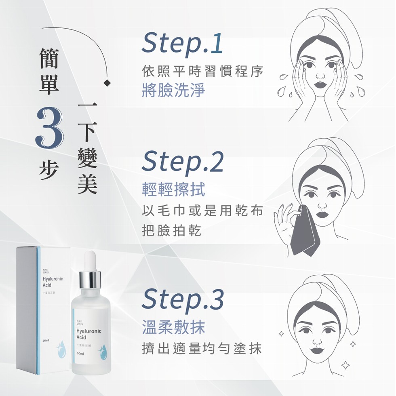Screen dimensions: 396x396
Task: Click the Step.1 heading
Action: [x=182, y=44]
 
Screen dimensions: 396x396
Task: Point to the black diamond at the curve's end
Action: [x=107, y=83]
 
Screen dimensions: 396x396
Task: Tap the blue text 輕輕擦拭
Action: [x=173, y=189]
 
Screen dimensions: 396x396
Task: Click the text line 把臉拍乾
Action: [x=172, y=231]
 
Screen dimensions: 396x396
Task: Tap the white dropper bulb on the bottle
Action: [x=90, y=261]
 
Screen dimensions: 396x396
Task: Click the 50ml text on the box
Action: [x=46, y=341]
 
